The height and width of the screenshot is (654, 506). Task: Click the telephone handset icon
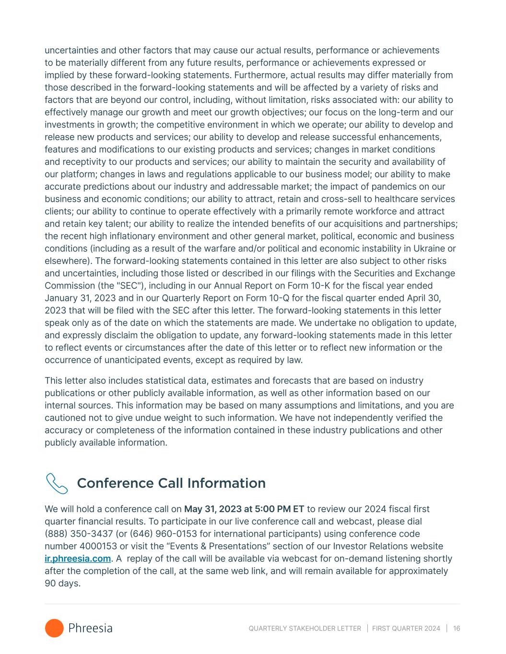57,483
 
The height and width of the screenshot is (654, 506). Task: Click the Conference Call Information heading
171,483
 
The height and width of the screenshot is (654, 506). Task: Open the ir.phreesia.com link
78,559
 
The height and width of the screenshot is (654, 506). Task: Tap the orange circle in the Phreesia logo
54,628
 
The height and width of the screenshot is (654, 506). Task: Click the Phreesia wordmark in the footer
90,628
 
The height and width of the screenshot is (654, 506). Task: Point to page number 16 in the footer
456,629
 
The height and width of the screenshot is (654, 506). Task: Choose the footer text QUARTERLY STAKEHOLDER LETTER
305,629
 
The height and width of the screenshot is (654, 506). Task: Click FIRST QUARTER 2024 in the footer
406,629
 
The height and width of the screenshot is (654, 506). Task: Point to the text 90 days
62,584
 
